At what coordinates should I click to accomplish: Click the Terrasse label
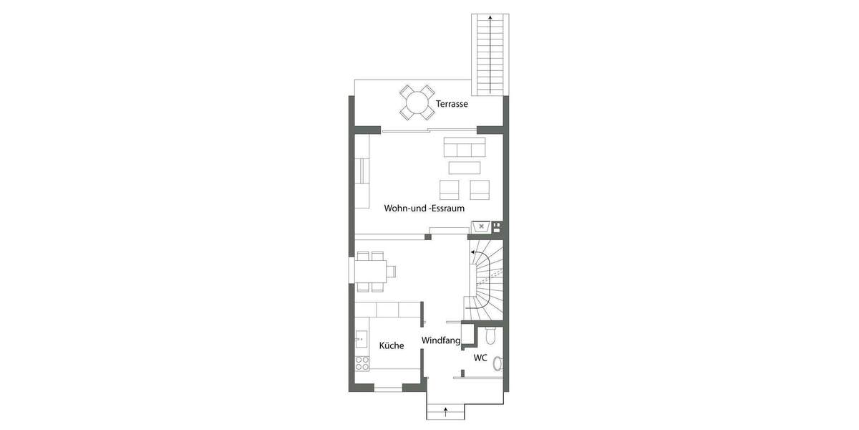click(452, 104)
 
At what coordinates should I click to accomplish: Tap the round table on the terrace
click(416, 102)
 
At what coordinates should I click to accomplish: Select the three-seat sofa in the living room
click(465, 148)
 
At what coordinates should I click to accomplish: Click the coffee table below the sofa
click(465, 168)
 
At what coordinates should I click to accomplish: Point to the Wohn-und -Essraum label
click(424, 209)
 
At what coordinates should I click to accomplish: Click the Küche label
click(392, 345)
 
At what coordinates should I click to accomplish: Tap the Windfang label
click(440, 340)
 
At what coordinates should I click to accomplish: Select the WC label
click(480, 357)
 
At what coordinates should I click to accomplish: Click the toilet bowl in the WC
click(490, 335)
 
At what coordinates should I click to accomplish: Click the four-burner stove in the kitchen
click(362, 363)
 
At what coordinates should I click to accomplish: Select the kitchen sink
click(361, 337)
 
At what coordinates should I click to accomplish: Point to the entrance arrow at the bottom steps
click(446, 411)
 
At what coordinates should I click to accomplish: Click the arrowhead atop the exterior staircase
click(490, 17)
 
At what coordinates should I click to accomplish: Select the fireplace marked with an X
click(482, 227)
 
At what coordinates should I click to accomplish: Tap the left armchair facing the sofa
click(450, 189)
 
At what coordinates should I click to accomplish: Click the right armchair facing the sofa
click(480, 189)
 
